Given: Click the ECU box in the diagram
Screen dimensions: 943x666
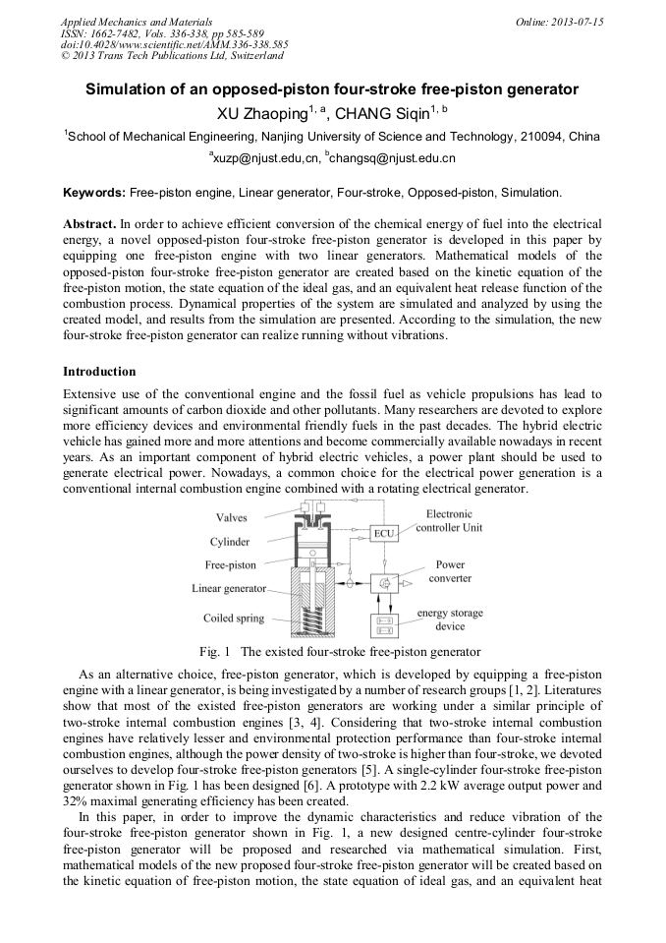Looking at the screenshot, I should (x=383, y=533).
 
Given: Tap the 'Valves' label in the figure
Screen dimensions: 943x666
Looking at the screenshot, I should (x=232, y=517).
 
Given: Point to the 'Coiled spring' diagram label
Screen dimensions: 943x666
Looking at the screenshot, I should (x=234, y=619).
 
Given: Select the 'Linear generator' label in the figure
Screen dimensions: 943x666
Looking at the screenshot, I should (x=229, y=588).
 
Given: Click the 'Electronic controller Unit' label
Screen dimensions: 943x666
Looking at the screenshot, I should (x=449, y=520).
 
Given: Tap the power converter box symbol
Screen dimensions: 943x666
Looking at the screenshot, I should (x=384, y=582).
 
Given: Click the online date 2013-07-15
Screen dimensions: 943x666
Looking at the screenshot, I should (x=574, y=22).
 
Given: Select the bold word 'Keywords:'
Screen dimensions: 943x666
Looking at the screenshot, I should (x=94, y=192).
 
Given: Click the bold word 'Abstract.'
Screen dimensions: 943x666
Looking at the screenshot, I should (x=89, y=224).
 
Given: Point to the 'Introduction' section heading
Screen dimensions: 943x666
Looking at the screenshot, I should (x=99, y=372).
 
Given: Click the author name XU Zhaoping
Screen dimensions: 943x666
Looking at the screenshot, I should (x=264, y=113).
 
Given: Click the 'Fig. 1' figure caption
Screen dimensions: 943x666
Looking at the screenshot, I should (x=340, y=651).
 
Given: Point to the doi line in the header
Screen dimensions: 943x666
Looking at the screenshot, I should (x=174, y=44).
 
